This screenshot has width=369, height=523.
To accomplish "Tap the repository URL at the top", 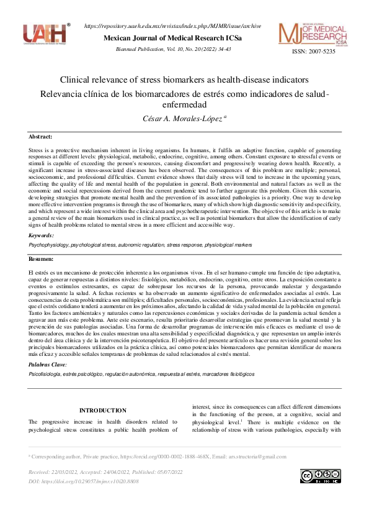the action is (x=172, y=26).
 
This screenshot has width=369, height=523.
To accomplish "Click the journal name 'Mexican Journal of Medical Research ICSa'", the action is (x=172, y=39).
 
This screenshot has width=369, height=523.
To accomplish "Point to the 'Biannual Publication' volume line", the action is (x=172, y=49).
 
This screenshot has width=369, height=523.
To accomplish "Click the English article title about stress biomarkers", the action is (x=184, y=80).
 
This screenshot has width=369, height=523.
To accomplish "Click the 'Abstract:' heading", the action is (x=41, y=136).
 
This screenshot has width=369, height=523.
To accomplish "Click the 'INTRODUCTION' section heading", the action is (x=103, y=411).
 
